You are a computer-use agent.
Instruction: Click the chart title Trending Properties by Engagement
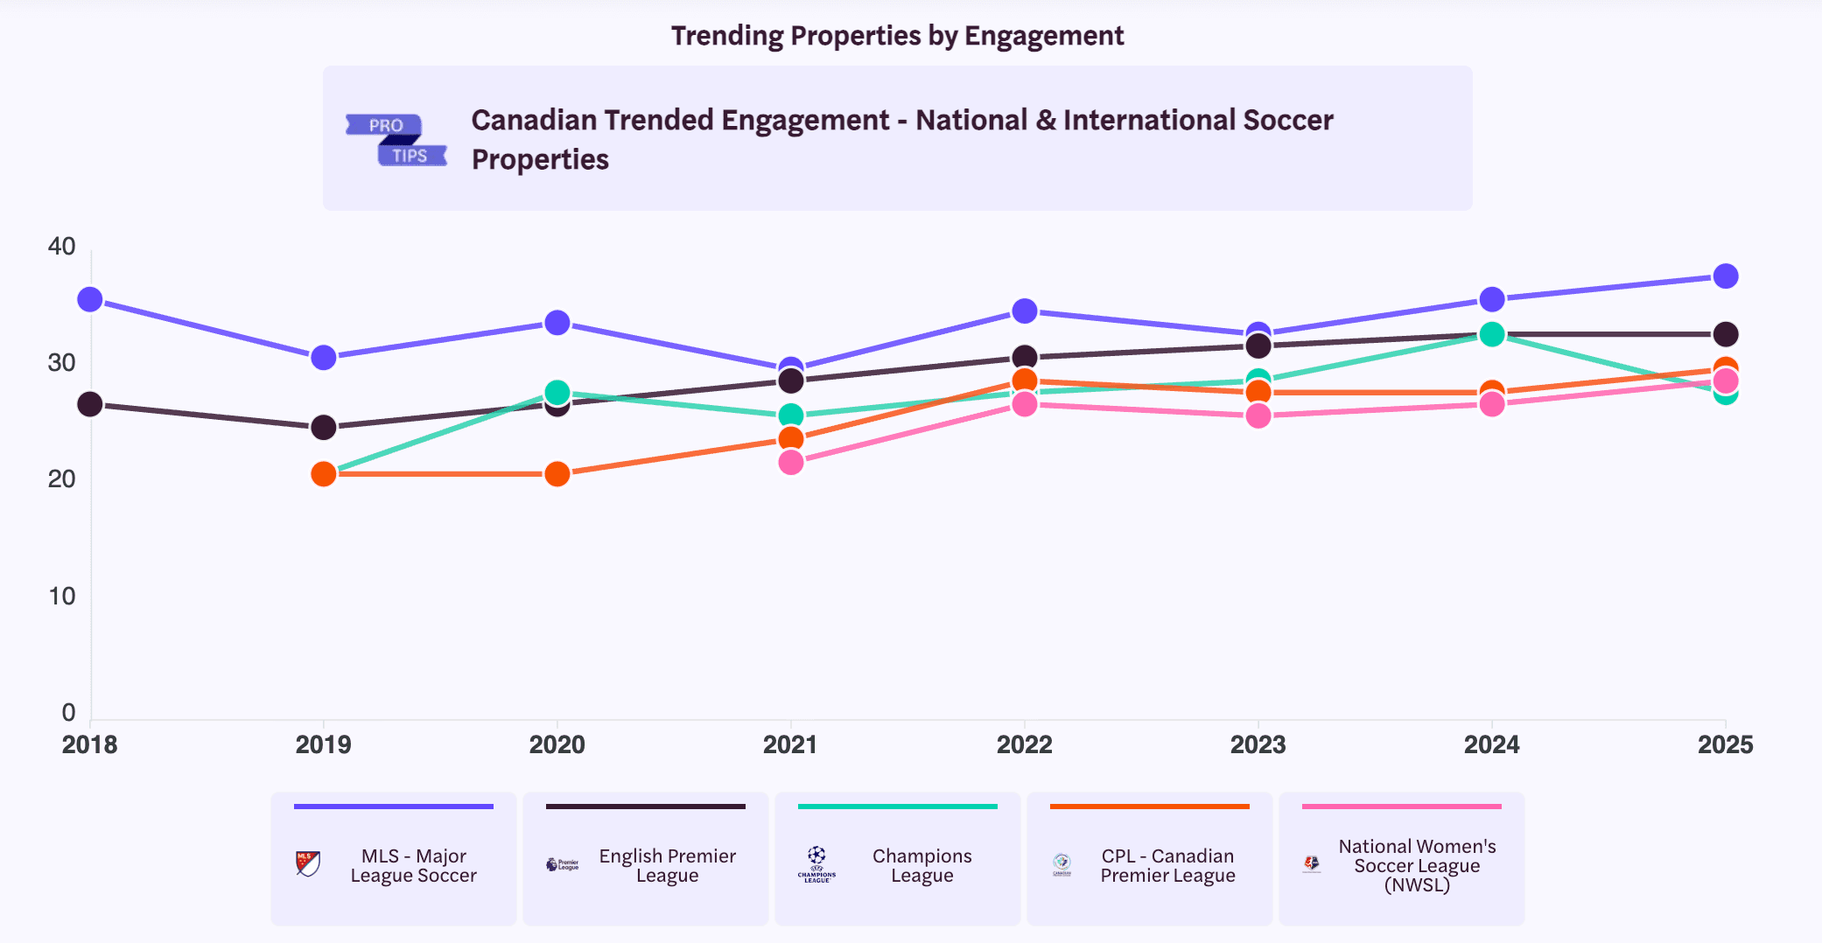897,36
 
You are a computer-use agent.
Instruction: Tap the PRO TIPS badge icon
396,140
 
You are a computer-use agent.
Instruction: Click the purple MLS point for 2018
90,300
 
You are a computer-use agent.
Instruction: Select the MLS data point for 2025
1726,276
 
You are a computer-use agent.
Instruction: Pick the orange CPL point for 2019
324,474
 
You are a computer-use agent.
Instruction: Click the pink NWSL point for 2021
791,462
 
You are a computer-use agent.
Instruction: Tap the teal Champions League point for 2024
1492,334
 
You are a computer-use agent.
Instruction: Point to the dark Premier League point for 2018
90,404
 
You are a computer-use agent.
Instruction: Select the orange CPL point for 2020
557,474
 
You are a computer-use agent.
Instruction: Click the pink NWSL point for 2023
1258,416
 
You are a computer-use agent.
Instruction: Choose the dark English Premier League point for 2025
1726,334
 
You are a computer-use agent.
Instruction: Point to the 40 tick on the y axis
61,247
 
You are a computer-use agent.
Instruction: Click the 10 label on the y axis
61,597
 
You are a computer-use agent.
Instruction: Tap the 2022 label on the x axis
1024,744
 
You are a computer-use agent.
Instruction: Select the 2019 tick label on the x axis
323,744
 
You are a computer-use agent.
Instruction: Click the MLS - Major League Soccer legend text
413,866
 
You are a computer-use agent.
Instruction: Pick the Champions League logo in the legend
816,864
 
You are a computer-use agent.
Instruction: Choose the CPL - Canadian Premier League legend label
1167,866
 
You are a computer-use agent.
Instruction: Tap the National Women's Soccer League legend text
1417,865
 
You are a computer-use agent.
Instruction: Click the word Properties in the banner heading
540,160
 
